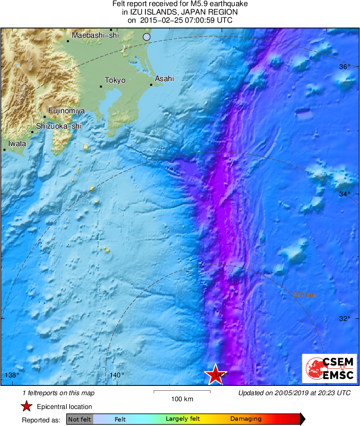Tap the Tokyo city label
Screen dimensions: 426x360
pyautogui.click(x=115, y=80)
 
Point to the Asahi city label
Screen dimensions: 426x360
pyautogui.click(x=165, y=79)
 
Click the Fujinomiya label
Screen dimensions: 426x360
pyautogui.click(x=66, y=110)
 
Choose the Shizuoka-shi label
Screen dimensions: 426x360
pyautogui.click(x=59, y=126)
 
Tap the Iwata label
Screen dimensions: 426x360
pyautogui.click(x=17, y=144)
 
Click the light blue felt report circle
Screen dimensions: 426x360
pyautogui.click(x=147, y=37)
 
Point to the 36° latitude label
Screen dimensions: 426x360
pyautogui.click(x=345, y=67)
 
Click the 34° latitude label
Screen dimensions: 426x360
pyautogui.click(x=345, y=194)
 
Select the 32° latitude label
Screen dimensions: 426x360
pyautogui.click(x=345, y=318)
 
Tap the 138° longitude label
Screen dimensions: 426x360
pyautogui.click(x=12, y=375)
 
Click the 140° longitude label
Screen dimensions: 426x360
pyautogui.click(x=117, y=375)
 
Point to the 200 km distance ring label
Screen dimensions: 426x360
pyautogui.click(x=304, y=295)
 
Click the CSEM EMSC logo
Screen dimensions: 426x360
pyautogui.click(x=330, y=368)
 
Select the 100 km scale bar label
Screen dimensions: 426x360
pyautogui.click(x=182, y=399)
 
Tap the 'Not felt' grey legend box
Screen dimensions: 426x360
pyautogui.click(x=80, y=419)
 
